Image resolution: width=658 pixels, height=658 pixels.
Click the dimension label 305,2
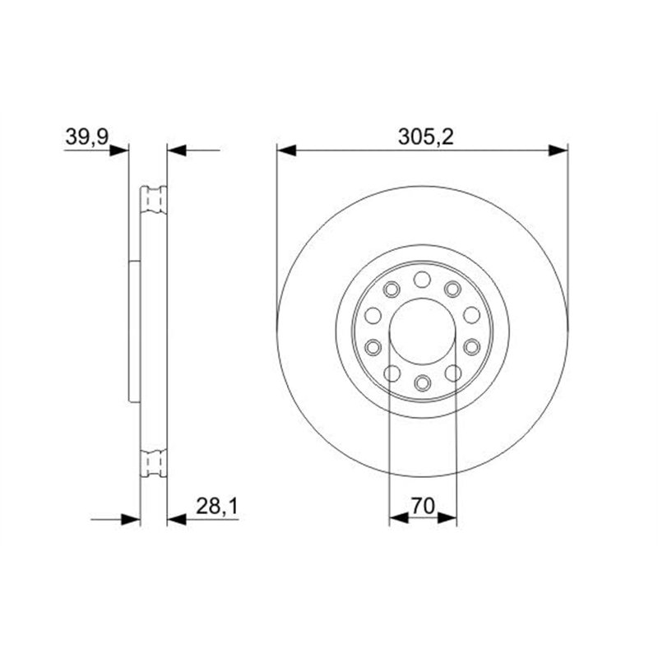click(423, 137)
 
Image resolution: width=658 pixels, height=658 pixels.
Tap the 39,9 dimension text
click(87, 137)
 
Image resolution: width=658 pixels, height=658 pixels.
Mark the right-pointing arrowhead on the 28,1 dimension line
click(131, 519)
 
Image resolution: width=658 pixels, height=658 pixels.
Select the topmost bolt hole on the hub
click(422, 278)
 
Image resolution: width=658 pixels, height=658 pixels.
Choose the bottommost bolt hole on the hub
click(422, 383)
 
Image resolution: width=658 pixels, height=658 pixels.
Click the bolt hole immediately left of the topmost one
click(392, 288)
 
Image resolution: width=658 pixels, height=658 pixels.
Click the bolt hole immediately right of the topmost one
click(452, 288)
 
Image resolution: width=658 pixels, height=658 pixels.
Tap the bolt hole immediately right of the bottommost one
click(452, 373)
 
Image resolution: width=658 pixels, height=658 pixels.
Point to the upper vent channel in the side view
click(154, 200)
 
